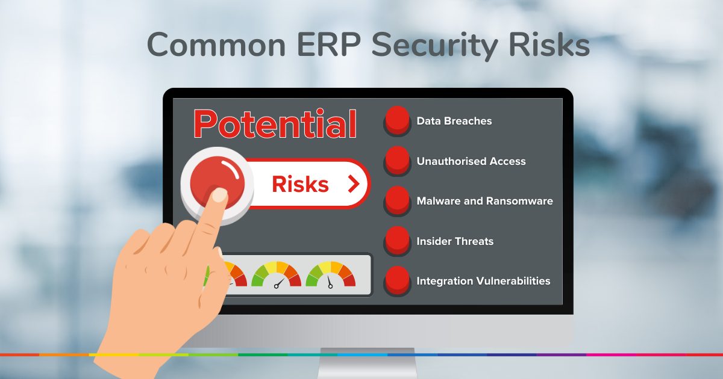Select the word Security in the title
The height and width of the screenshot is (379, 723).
tap(434, 46)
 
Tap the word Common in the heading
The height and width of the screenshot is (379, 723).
tap(216, 45)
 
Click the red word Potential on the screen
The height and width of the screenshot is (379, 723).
tap(275, 124)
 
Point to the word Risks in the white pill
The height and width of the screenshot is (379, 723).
tap(300, 184)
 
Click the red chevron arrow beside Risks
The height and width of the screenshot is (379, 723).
tap(354, 184)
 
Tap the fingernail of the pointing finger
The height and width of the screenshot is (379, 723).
tap(219, 196)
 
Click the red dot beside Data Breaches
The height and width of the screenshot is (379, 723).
tap(397, 120)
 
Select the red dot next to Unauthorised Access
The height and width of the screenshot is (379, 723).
tap(397, 160)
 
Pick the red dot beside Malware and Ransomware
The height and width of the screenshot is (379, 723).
tap(397, 200)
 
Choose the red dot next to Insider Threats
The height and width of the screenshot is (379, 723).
tap(397, 240)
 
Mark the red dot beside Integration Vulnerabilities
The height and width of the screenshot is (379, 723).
tap(397, 280)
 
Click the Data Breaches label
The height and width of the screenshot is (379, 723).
tap(454, 121)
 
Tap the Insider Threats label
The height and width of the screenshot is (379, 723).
tap(455, 241)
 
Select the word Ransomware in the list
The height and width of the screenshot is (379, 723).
tap(519, 201)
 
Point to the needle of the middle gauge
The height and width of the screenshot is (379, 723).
tap(279, 283)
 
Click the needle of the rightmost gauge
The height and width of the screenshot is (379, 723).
tap(330, 282)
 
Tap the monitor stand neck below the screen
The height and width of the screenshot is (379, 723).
tap(368, 363)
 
